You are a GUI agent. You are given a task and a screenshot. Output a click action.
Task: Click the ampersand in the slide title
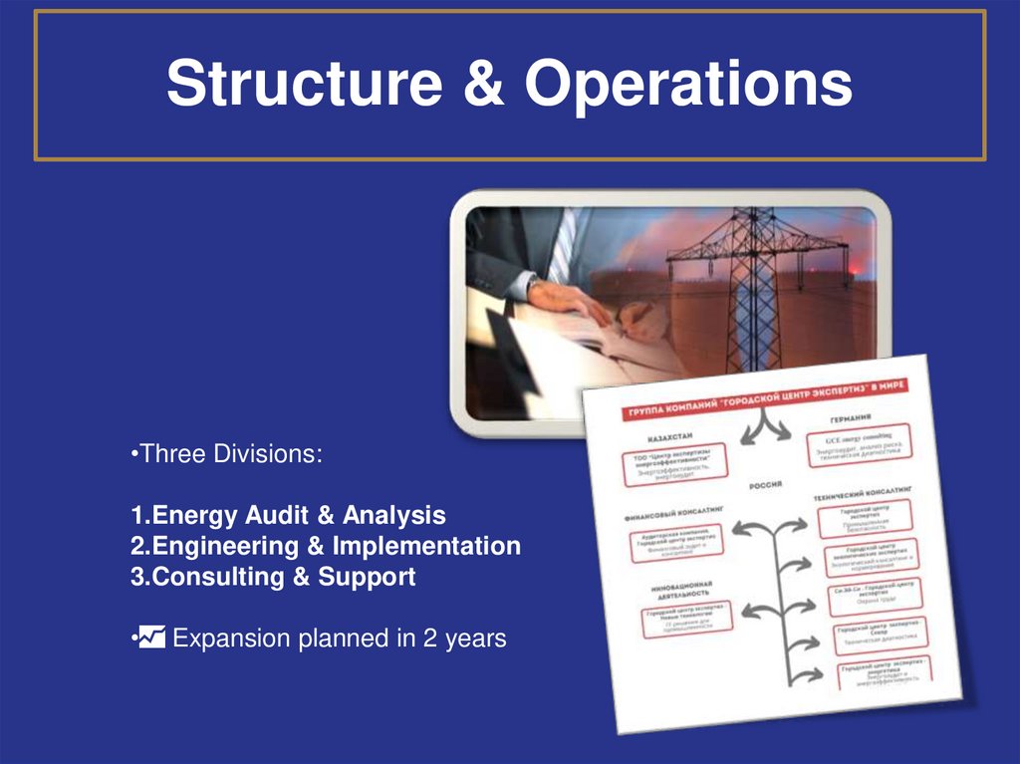(x=481, y=86)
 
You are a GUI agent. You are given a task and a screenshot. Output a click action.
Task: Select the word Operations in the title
(x=689, y=86)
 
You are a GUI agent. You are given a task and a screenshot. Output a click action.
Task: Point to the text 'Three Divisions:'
(x=226, y=454)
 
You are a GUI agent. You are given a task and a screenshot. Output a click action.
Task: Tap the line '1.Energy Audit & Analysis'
(x=288, y=516)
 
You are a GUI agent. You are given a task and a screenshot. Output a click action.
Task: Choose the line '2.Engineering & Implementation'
(x=325, y=546)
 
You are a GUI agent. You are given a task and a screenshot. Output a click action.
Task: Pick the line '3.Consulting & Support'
(x=272, y=577)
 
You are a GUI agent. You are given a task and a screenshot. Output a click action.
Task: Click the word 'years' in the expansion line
(x=476, y=637)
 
